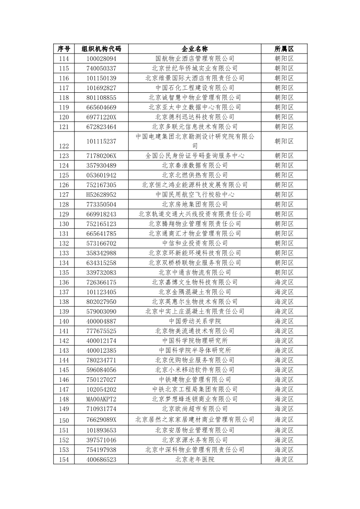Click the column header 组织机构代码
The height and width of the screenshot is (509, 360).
pyautogui.click(x=101, y=49)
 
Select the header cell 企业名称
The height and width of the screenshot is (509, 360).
pyautogui.click(x=195, y=49)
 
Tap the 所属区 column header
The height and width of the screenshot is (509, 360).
pyautogui.click(x=284, y=49)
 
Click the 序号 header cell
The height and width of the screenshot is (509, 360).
pyautogui.click(x=64, y=49)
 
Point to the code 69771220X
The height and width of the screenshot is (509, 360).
pyautogui.click(x=101, y=117)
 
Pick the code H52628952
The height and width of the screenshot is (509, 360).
pyautogui.click(x=101, y=195)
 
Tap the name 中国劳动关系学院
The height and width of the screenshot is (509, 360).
pyautogui.click(x=195, y=321)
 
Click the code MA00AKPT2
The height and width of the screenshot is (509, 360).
pyautogui.click(x=101, y=399)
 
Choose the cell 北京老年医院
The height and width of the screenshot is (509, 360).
pyautogui.click(x=195, y=459)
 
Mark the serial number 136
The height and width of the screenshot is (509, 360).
pyautogui.click(x=64, y=283)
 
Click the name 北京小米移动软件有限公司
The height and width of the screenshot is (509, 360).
pyautogui.click(x=195, y=370)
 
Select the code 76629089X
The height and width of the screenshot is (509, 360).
pyautogui.click(x=101, y=420)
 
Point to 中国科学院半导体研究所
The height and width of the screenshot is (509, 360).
pyautogui.click(x=195, y=351)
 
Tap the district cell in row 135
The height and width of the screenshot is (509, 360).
pyautogui.click(x=284, y=273)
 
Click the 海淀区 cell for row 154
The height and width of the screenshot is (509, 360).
pyautogui.click(x=284, y=459)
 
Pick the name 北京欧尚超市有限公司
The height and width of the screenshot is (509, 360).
pyautogui.click(x=195, y=409)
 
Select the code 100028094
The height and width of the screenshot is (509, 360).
pyautogui.click(x=101, y=58)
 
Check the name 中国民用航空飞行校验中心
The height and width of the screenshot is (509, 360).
pyautogui.click(x=195, y=195)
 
